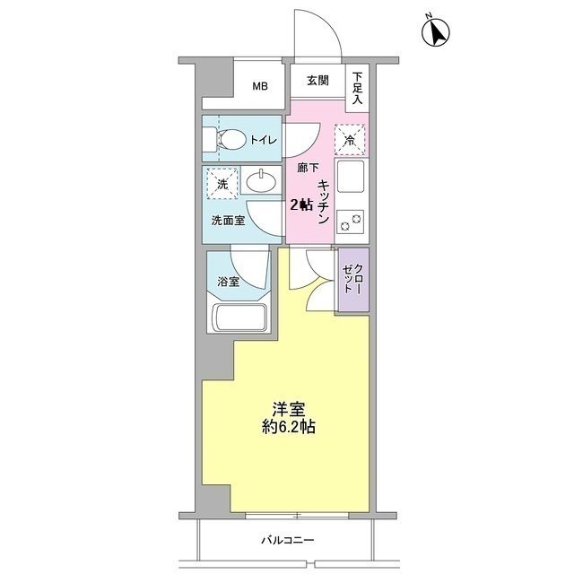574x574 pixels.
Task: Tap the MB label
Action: click(259, 87)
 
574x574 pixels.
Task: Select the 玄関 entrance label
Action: click(317, 81)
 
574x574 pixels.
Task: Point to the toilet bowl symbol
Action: click(231, 139)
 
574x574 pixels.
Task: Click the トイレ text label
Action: click(263, 140)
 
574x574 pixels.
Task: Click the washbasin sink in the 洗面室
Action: click(261, 181)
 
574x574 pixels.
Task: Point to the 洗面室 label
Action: click(228, 220)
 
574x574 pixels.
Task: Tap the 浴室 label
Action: click(229, 282)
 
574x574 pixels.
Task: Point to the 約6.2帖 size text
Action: click(288, 428)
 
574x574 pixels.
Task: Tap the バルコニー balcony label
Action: click(288, 540)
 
